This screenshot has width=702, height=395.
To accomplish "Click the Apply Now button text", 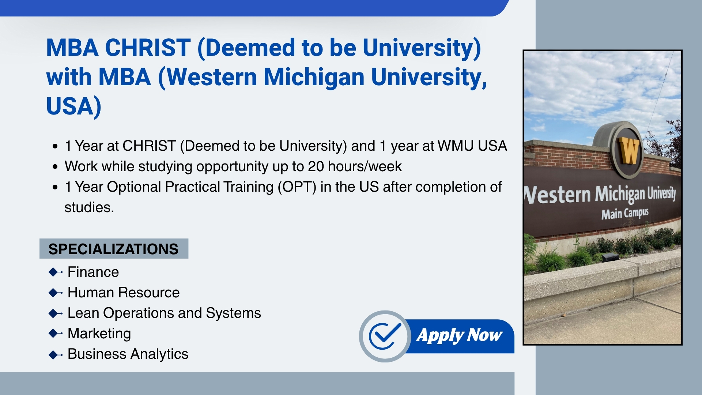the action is click(459, 335).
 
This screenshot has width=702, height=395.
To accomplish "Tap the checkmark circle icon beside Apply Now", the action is click(385, 336).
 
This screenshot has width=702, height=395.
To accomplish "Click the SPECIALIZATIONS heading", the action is click(113, 249).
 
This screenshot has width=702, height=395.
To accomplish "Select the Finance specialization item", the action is click(93, 272).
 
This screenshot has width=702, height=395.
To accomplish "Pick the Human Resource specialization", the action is click(124, 293).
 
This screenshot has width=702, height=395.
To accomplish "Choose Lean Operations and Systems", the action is click(164, 313).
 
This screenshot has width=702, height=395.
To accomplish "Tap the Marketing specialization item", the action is click(99, 334).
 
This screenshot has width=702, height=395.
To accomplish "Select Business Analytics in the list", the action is click(128, 354).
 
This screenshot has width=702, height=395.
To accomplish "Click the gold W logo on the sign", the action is click(629, 150).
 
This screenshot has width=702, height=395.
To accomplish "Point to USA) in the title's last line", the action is click(73, 106).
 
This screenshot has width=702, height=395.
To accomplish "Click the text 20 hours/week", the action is click(355, 166).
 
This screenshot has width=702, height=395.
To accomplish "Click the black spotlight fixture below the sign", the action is click(610, 257).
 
